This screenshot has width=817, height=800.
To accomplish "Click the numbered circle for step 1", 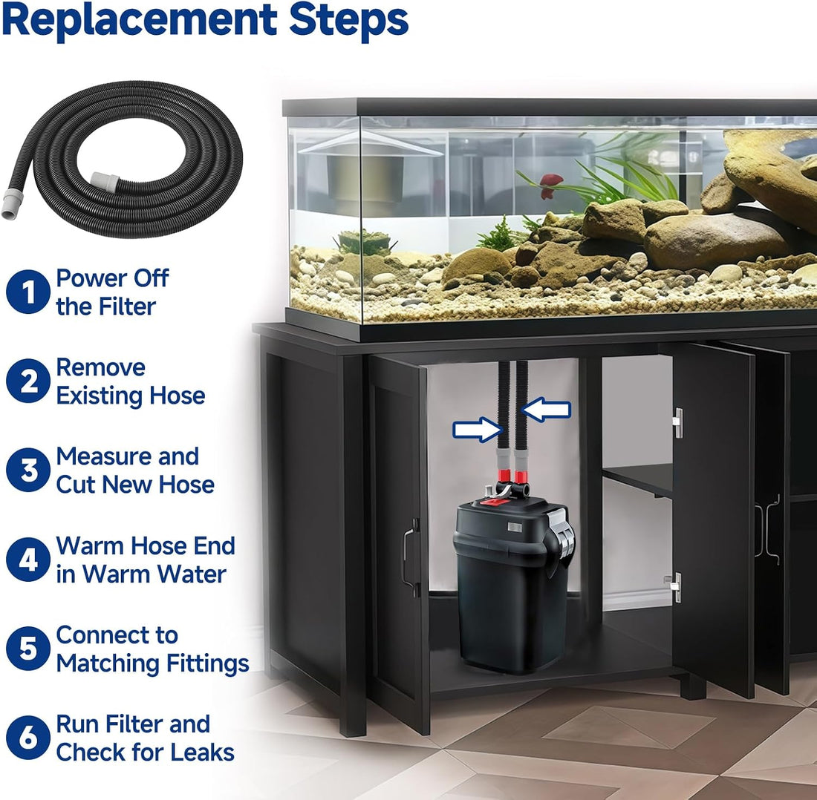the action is [28, 292].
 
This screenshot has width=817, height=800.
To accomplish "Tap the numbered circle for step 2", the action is [28, 381].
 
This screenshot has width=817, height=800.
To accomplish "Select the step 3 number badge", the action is [28, 470].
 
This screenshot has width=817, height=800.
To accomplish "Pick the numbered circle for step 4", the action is [28, 560].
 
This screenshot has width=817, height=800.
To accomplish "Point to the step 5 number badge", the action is [28, 649].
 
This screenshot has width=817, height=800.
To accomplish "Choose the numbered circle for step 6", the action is [28, 738].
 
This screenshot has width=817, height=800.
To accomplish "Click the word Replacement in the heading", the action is [139, 21].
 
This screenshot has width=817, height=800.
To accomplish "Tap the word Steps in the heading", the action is [348, 21].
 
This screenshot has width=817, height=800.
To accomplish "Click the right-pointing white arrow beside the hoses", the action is [478, 430].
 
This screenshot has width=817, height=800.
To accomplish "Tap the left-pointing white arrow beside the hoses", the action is [546, 410].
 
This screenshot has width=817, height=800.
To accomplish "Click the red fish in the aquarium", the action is [550, 185].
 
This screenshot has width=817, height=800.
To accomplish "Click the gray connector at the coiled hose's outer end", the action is [10, 204].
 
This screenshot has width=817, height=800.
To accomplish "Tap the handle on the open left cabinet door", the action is [409, 557].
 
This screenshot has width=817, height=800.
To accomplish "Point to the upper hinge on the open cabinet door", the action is [677, 423].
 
